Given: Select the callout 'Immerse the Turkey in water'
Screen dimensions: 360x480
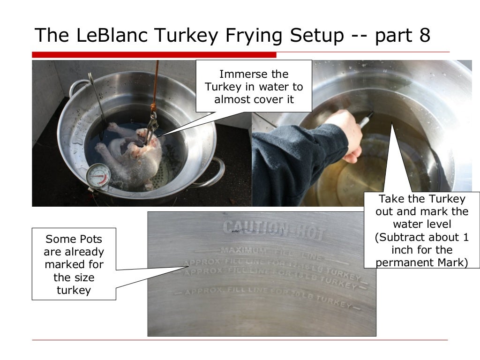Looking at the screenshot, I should coord(254,86).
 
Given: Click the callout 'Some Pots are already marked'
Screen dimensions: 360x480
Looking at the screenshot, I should coord(74,263).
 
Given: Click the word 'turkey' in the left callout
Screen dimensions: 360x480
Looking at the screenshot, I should coord(74,290).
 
